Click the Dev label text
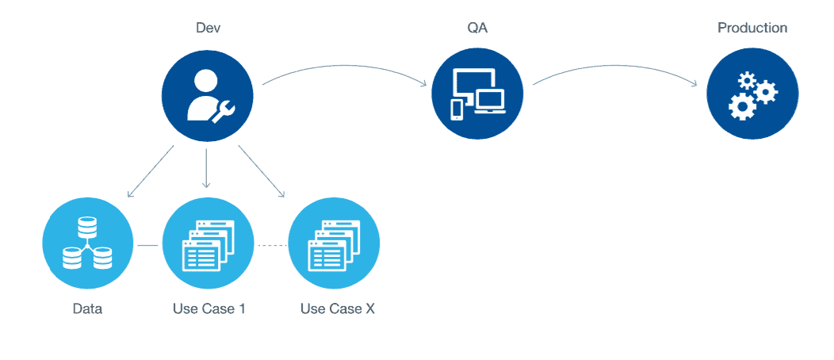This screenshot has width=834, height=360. pos(208,28)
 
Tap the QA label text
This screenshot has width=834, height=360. pos(475,29)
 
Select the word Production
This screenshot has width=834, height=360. pos(752,29)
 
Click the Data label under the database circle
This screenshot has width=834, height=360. pos(87,309)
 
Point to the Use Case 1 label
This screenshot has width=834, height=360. pos(209,309)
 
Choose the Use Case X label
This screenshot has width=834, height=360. pos(337,309)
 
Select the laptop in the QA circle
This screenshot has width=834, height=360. pos(489,101)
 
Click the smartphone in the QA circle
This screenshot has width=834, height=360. pos(457,109)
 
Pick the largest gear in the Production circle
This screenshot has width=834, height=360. pos(740,105)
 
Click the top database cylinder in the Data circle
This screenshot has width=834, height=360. pos(87,228)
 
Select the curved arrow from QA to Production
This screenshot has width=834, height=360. pos(616,67)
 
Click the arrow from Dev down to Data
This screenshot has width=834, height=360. pos(151,171)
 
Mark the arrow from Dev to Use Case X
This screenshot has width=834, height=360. pos(262,171)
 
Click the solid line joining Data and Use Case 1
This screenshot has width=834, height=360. pos(148,245)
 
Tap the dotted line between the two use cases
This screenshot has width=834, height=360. pos(273,245)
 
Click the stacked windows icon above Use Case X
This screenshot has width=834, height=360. pos(334,244)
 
